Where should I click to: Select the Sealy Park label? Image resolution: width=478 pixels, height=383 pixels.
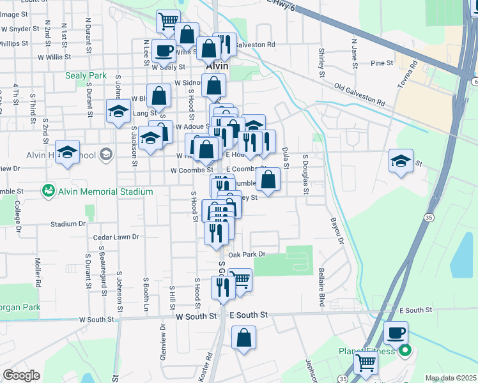pos(86,75)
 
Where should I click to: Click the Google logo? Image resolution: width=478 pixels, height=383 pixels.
pos(21,375)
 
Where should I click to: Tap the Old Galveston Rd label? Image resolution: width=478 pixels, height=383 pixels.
pos(360,93)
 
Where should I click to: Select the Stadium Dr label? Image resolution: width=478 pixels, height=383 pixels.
pos(68,224)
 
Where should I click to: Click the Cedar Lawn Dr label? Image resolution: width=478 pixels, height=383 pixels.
pos(116,237)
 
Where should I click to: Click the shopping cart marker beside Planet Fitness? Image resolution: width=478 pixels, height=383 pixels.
pos(366,362)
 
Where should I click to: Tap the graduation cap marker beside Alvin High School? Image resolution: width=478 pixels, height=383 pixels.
pos(67,152)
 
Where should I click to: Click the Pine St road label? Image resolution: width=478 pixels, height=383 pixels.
pos(381,63)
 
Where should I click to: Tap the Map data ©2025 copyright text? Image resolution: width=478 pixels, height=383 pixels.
pos(451,378)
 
